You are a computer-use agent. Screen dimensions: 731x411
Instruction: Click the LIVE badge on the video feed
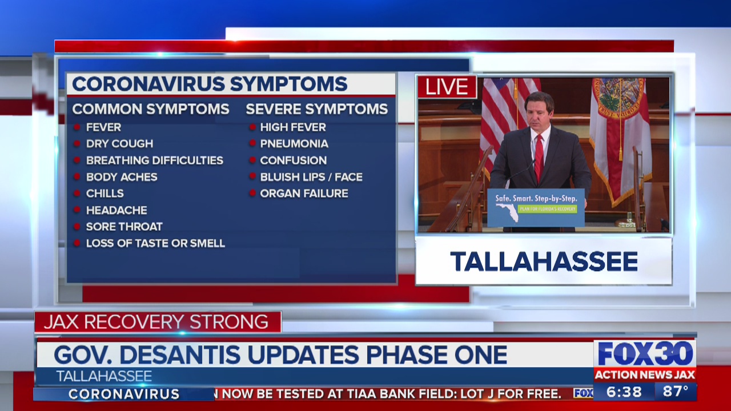(447, 87)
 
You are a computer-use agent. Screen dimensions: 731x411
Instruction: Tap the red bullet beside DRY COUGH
(77, 143)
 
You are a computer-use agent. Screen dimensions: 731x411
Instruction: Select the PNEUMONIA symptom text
(294, 143)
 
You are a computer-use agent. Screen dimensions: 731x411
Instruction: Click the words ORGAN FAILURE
(304, 194)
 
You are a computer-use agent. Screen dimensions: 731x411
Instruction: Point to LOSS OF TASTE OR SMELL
(155, 243)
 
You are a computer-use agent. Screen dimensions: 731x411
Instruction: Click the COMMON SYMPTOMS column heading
(151, 109)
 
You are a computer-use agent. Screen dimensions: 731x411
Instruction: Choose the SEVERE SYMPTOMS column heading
(316, 109)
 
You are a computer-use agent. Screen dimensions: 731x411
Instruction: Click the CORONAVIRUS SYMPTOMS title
(210, 84)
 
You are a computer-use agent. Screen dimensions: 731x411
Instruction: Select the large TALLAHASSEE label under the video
(544, 261)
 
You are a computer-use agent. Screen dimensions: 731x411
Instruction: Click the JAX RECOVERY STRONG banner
(156, 321)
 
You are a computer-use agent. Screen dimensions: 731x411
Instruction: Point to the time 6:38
(624, 392)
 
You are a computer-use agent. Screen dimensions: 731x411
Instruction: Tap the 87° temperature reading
(676, 392)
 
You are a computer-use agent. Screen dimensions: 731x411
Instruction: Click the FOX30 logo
(645, 354)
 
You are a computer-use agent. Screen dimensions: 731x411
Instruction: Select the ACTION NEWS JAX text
(645, 375)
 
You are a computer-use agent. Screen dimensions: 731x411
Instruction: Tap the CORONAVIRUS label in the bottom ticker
(124, 394)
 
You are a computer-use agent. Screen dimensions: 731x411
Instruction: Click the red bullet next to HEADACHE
(77, 209)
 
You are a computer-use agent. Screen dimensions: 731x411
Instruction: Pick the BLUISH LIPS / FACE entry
(311, 177)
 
